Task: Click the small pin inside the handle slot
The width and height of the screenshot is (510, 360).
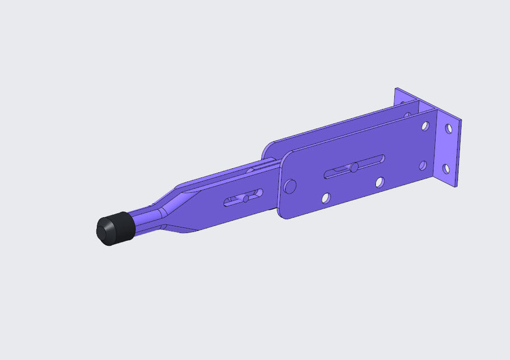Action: pos(246,198)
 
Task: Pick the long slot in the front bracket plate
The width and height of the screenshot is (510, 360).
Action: pos(355,166)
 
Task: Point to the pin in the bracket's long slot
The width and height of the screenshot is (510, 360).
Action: pos(354,167)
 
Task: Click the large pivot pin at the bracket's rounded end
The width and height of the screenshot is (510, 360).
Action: pos(290,186)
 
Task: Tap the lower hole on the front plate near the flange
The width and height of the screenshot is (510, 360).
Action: pos(422,166)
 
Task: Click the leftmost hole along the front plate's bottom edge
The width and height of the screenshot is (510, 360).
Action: pos(325,197)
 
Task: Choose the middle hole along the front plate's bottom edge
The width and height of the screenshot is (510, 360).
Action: pos(380,182)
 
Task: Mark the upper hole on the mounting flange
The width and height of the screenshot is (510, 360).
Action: pos(449,129)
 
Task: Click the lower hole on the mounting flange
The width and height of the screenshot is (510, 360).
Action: pos(446,168)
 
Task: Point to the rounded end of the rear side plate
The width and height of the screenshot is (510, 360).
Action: pos(269,149)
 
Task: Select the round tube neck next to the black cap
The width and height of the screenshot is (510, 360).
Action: pos(144,220)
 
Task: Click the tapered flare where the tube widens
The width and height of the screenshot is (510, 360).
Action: pos(169,208)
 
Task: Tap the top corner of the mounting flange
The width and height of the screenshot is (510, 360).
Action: pos(396,89)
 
